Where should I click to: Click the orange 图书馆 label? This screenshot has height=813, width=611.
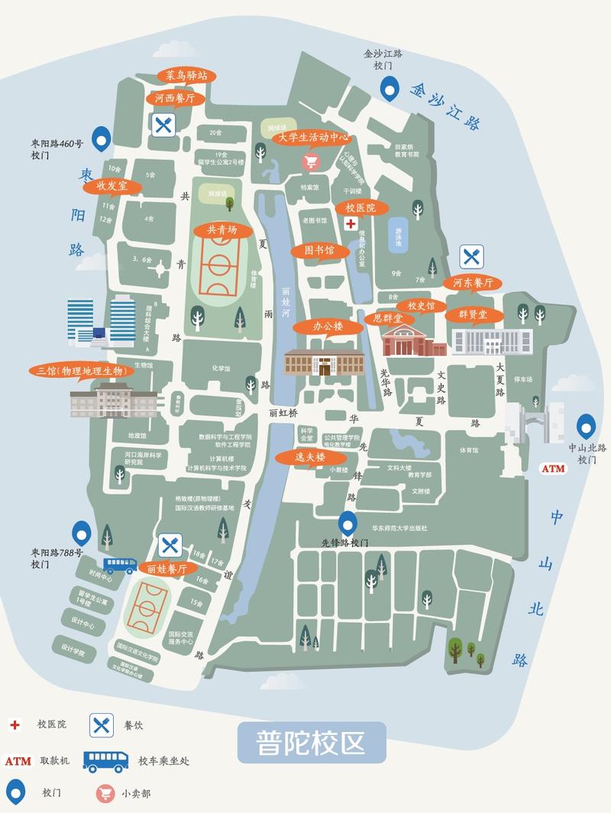319,250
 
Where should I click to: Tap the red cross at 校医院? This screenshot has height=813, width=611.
351,223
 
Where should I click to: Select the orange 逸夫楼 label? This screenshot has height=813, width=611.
310,457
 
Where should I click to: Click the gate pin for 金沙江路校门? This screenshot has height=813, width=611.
390,89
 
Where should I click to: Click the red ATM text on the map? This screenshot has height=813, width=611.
553,468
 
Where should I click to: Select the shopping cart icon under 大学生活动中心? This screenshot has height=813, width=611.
311,161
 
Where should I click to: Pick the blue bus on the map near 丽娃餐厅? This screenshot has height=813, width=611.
121,565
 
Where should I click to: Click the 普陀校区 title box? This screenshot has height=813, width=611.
312,743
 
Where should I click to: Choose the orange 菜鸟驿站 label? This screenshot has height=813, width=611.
186,76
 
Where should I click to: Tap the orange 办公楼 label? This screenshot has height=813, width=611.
328,326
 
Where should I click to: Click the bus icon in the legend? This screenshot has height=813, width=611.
105,760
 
